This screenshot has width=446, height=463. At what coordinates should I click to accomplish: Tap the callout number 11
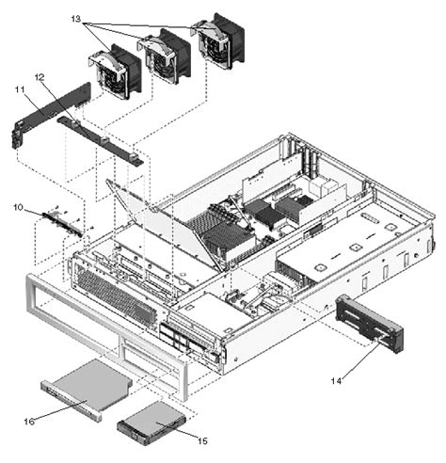pyautogui.click(x=18, y=89)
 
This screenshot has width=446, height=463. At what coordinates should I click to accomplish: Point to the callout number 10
pyautogui.click(x=18, y=206)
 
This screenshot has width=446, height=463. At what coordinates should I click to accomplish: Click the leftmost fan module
pyautogui.click(x=114, y=73)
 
